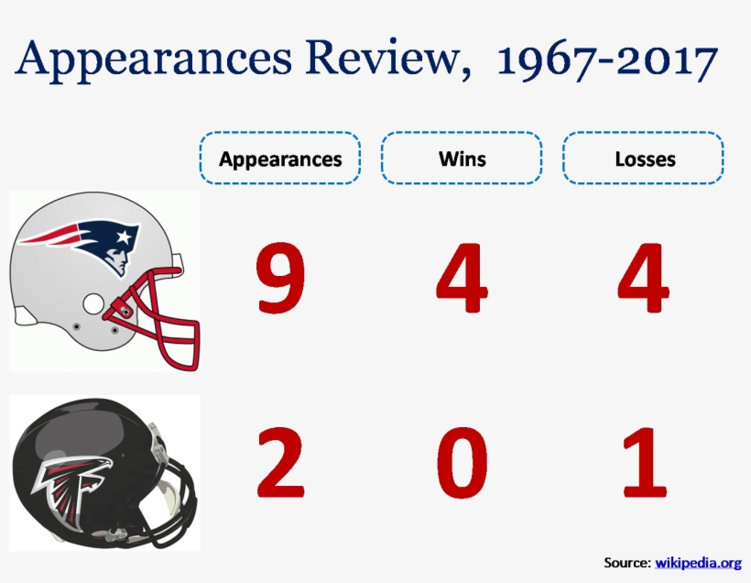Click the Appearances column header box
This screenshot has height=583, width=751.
280,159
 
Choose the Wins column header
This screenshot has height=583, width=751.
462,159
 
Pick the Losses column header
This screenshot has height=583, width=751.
644,159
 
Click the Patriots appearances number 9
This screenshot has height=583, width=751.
280,278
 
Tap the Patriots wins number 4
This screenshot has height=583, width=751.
462,278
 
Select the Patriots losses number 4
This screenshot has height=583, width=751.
643,278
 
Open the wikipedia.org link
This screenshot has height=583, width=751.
698,562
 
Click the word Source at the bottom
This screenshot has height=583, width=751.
626,562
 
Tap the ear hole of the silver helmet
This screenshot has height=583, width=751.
94,303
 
